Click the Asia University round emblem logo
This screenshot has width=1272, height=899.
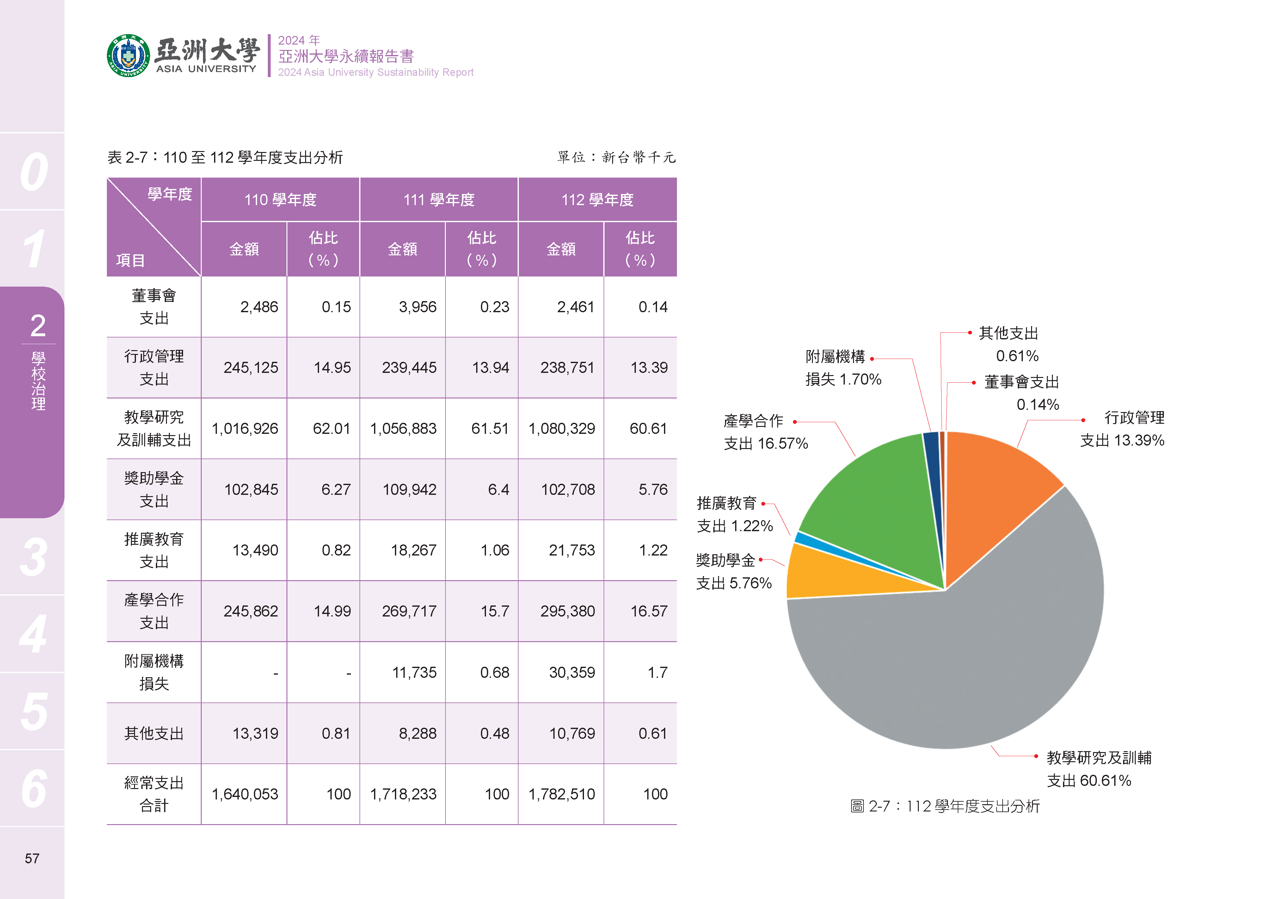128,55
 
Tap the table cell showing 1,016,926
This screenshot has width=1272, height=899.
244,428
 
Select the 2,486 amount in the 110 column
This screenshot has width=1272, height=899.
259,307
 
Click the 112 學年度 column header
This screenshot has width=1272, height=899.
597,200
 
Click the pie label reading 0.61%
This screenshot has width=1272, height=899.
1017,356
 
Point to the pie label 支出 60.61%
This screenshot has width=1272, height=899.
1089,781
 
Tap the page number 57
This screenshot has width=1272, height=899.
32,859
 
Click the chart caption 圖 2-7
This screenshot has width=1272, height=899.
944,806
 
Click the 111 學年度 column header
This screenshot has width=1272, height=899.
439,200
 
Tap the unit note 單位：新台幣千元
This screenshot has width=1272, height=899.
616,158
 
